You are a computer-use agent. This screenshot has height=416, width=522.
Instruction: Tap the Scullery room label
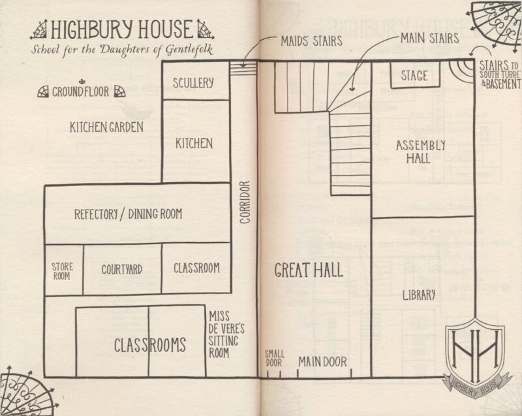click(194, 83)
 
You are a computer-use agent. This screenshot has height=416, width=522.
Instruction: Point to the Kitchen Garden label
click(106, 127)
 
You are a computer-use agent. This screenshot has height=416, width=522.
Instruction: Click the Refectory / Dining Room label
click(128, 214)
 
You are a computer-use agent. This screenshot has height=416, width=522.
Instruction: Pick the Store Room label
click(63, 270)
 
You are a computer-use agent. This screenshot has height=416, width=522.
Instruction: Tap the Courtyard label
click(122, 269)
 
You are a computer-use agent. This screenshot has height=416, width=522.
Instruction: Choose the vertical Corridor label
click(245, 202)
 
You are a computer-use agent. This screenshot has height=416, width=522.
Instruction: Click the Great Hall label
click(309, 270)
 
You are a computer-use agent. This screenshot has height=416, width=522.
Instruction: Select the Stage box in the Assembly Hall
click(414, 74)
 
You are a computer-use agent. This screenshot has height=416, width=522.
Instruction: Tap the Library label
click(418, 295)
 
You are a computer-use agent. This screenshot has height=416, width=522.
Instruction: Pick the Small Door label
click(275, 359)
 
